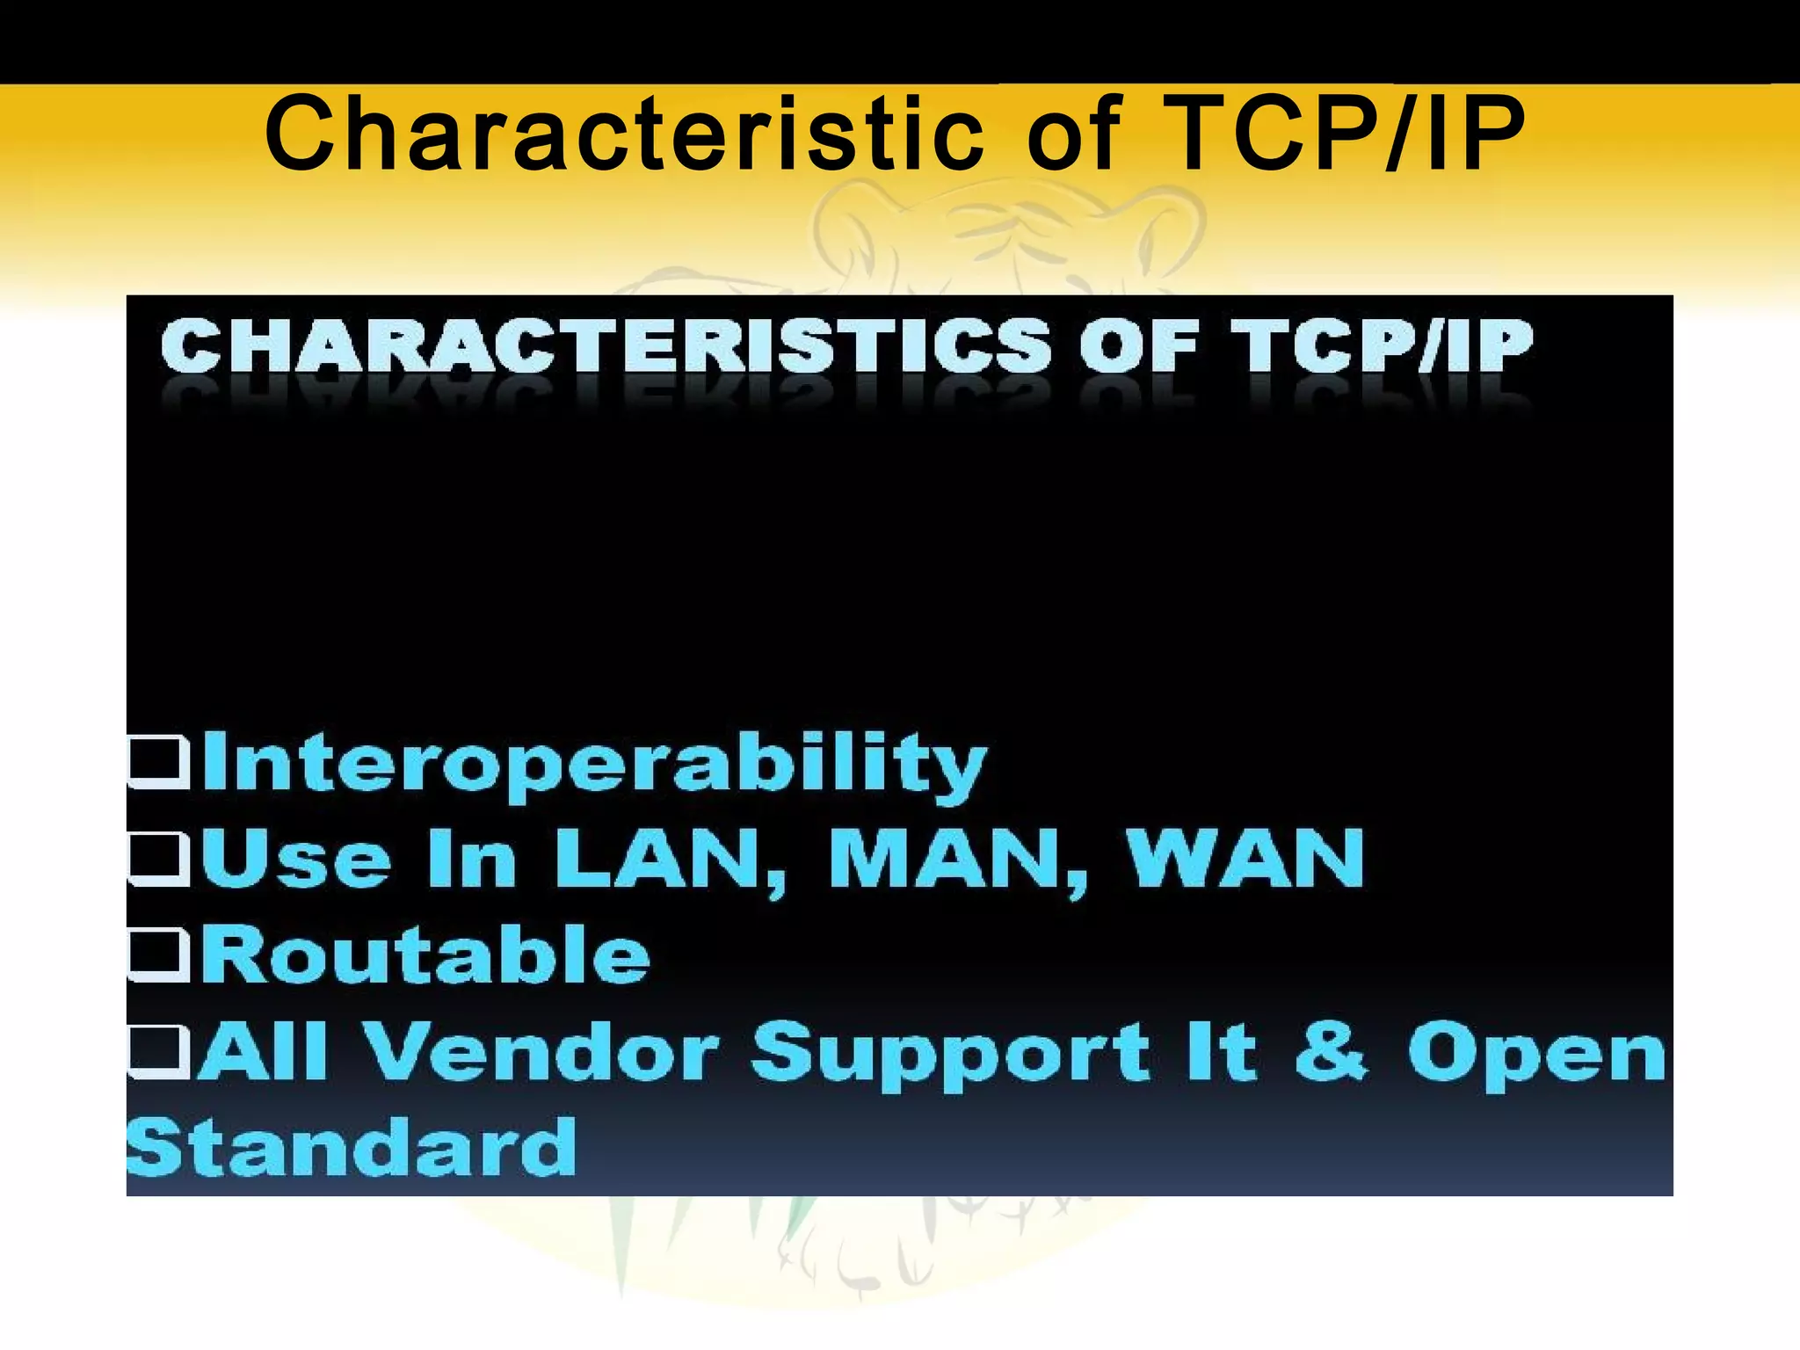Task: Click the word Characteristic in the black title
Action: pyautogui.click(x=624, y=135)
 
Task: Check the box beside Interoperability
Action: pyautogui.click(x=159, y=761)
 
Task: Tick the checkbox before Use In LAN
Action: pyautogui.click(x=159, y=858)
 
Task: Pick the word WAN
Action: pyautogui.click(x=1246, y=860)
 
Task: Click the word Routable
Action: pyautogui.click(x=425, y=954)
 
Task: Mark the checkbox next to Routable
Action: pyautogui.click(x=159, y=954)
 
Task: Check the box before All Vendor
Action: pyautogui.click(x=159, y=1051)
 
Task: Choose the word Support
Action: pyautogui.click(x=949, y=1055)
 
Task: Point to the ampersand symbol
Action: pyautogui.click(x=1332, y=1051)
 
